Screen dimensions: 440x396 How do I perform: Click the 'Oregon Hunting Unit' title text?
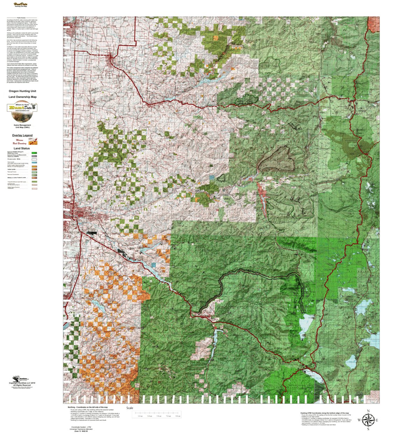[x=22, y=91]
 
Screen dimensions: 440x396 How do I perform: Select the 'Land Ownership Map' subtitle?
[x=22, y=97]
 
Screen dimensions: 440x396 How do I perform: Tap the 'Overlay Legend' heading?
[x=22, y=135]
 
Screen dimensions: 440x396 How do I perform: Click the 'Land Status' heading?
[x=22, y=148]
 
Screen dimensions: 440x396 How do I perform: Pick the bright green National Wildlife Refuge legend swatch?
[x=34, y=153]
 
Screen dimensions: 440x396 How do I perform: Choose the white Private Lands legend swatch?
[x=34, y=159]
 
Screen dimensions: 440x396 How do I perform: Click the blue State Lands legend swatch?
[x=34, y=163]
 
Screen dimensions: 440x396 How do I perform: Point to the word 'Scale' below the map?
[x=129, y=408]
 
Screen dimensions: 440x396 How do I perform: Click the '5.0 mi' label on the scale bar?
[x=159, y=416]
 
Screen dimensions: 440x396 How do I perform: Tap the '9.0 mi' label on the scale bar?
[x=178, y=416]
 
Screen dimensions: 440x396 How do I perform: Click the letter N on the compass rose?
[x=368, y=411]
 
